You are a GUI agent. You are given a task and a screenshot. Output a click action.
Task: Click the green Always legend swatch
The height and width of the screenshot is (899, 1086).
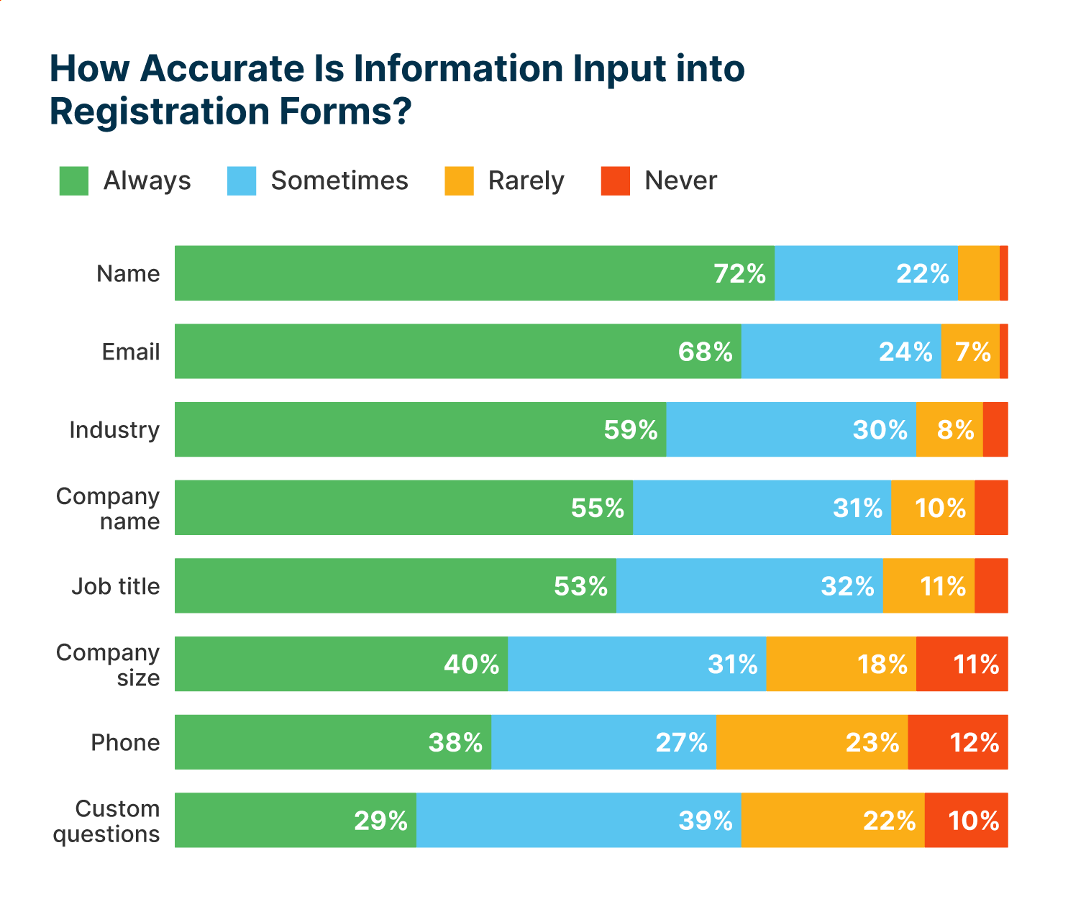[74, 181]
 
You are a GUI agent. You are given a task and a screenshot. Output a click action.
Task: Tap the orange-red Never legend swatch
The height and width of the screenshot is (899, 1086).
[616, 181]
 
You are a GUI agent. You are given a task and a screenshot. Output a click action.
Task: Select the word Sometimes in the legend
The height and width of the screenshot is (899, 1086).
[339, 181]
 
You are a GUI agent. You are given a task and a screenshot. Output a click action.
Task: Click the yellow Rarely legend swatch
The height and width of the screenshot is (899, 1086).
[459, 181]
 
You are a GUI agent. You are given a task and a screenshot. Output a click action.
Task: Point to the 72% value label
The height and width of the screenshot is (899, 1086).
[739, 274]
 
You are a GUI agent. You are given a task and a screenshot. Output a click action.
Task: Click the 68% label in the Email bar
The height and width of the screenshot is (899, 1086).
[706, 352]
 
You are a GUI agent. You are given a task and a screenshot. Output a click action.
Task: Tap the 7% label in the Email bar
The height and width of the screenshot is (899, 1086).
[972, 352]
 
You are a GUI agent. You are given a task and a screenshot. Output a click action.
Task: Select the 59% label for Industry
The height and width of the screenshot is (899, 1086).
[631, 430]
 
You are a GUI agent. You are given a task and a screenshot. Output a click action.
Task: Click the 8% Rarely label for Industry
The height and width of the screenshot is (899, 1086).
[955, 430]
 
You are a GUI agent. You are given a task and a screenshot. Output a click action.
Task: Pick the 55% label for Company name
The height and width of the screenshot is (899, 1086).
[598, 508]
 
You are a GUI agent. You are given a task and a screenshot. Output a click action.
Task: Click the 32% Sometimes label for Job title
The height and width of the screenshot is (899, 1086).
[847, 586]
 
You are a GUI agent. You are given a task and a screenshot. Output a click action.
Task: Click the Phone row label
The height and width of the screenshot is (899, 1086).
[125, 742]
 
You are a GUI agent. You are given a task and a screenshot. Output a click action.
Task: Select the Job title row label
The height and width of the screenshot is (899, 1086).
[116, 586]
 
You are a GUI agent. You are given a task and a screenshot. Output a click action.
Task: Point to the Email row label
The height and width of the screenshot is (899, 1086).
[131, 352]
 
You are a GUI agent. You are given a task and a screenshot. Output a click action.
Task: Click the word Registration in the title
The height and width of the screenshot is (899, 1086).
[159, 112]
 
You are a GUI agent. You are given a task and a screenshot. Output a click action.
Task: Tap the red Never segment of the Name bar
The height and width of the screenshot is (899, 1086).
[1004, 273]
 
